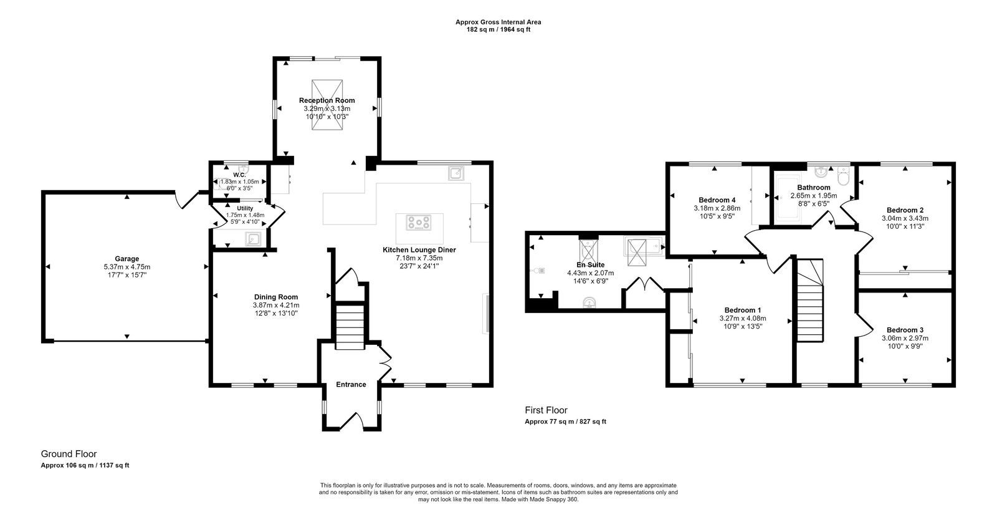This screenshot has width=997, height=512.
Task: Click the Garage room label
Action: point(126,259)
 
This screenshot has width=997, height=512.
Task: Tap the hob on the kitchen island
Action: point(419,221)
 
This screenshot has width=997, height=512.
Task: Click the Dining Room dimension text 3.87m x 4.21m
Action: point(275,305)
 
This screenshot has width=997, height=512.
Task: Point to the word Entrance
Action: point(351,384)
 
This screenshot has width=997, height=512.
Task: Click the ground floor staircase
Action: point(350,326)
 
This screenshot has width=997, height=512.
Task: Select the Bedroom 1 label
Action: point(742,310)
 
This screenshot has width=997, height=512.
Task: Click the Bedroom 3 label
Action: point(905,330)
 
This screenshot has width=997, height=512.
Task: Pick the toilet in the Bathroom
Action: point(843,178)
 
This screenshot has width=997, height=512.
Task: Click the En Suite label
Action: point(590,264)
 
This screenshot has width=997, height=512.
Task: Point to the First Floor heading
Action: point(546,410)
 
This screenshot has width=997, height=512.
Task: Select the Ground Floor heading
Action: point(69,454)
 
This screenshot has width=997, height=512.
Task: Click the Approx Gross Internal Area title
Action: point(498,22)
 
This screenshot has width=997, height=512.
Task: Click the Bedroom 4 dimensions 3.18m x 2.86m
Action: point(717,208)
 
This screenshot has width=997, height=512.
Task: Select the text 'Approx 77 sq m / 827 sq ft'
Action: point(565,422)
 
